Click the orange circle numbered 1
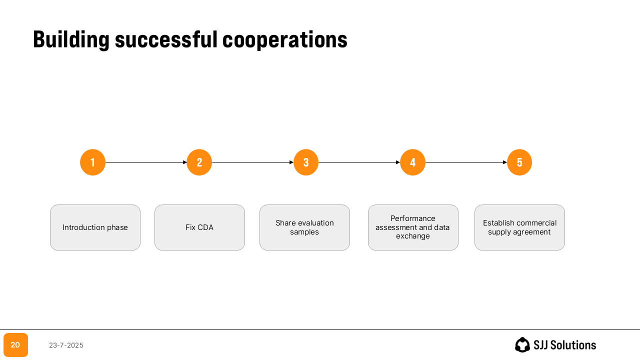click(93, 162)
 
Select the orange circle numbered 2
click(199, 162)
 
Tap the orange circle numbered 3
click(306, 162)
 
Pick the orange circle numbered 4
click(413, 162)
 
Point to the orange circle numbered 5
click(519, 162)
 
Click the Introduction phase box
click(95, 227)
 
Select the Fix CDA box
click(199, 227)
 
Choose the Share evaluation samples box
click(304, 227)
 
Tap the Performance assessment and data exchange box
click(413, 227)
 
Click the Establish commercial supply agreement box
click(519, 227)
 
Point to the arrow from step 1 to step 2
click(146, 162)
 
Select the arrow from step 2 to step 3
click(252, 162)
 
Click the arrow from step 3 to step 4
click(359, 162)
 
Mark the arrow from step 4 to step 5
click(466, 162)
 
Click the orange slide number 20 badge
click(15, 345)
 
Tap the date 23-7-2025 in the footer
click(66, 345)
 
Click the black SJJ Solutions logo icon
click(522, 344)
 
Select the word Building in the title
click(71, 39)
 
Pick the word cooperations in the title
click(284, 39)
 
